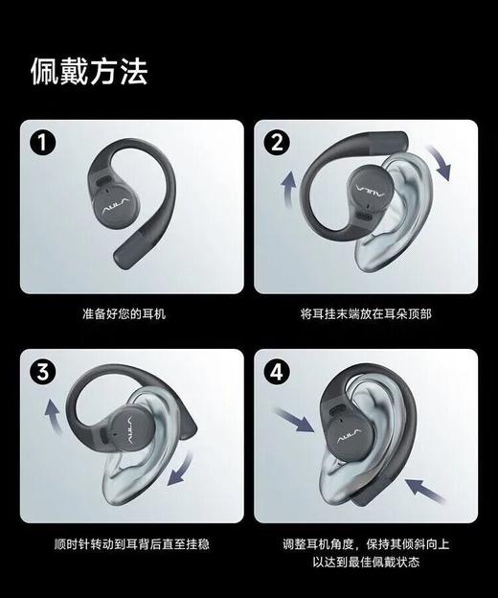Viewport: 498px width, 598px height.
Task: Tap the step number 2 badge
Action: coord(278,144)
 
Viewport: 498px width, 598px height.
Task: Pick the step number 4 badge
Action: coord(278,373)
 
